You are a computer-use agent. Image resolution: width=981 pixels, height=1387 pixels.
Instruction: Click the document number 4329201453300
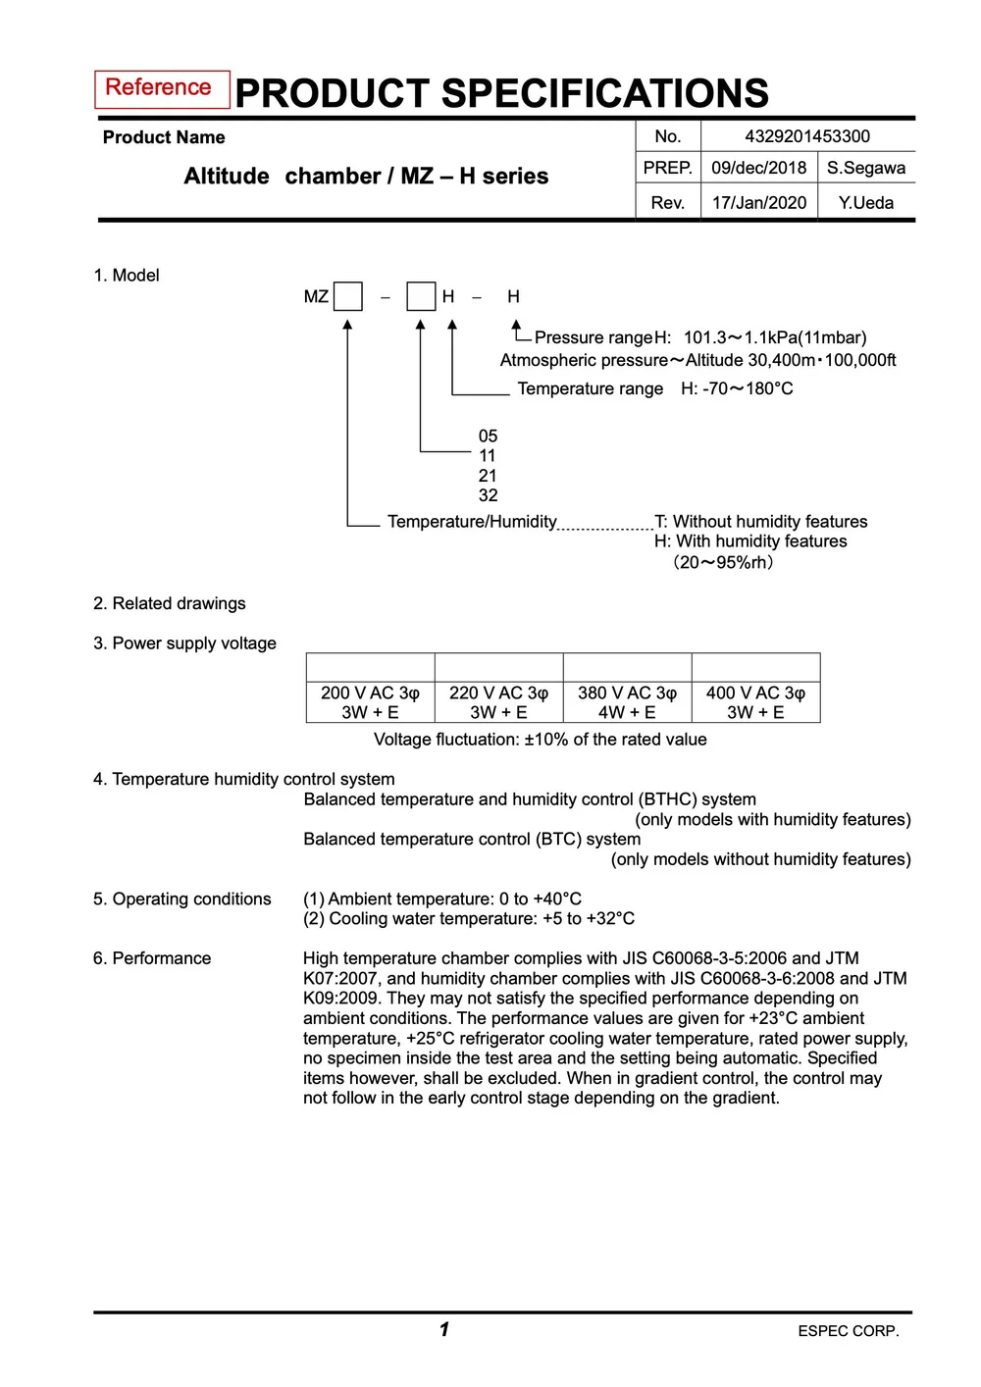[x=807, y=136]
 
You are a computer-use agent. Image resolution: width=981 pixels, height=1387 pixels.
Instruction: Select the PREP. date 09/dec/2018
[x=758, y=168]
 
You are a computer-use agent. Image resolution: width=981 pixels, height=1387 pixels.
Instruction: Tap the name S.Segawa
[x=865, y=168]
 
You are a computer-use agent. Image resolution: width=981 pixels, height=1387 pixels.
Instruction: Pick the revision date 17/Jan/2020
[x=758, y=203]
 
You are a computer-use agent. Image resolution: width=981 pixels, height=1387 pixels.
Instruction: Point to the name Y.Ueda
[x=865, y=203]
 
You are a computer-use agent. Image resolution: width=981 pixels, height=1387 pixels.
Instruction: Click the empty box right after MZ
[x=348, y=296]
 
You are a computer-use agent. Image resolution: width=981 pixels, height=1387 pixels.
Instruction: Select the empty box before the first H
[x=421, y=296]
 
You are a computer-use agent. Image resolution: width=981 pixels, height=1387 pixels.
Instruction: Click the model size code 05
[x=488, y=436]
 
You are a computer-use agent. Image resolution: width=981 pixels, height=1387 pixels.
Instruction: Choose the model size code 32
[x=488, y=495]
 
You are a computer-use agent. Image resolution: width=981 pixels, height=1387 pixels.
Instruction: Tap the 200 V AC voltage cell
[x=370, y=702]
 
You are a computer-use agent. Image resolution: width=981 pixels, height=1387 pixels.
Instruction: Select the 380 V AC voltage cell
[x=627, y=702]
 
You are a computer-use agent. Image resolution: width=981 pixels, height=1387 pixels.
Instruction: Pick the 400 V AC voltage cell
[x=755, y=702]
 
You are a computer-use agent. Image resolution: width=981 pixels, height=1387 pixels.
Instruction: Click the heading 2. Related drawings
[x=170, y=603]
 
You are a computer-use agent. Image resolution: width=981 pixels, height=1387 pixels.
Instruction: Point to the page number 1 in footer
[x=444, y=1329]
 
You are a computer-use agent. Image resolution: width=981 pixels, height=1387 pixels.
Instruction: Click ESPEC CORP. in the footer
[x=848, y=1331]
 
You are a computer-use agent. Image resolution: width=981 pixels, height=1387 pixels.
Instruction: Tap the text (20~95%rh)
[x=723, y=562]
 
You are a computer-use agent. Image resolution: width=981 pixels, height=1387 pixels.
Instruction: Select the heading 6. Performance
[x=152, y=958]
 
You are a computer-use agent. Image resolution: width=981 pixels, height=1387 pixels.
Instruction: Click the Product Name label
[x=164, y=137]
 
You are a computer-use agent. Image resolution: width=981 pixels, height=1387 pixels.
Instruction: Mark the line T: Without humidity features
[x=760, y=521]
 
